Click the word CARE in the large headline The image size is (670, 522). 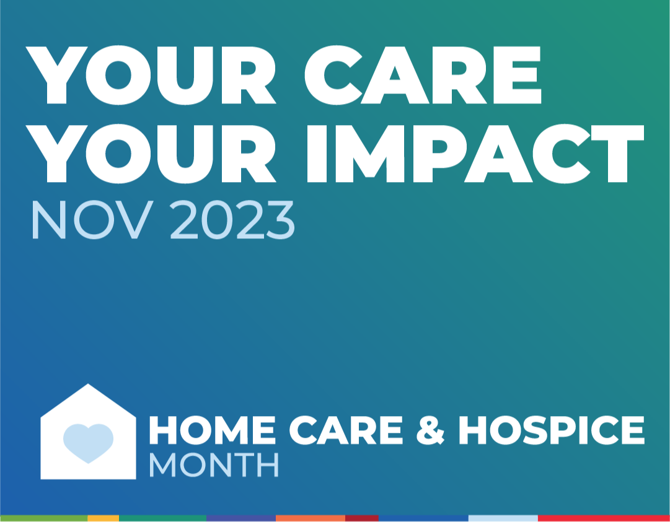pos(423,75)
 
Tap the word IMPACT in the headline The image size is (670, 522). pos(475,154)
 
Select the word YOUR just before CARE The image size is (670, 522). pos(151,75)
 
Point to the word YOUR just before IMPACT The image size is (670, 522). pos(151,154)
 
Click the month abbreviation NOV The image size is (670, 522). pos(92,219)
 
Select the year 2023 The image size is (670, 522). pos(232,219)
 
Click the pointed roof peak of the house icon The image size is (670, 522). pos(88,384)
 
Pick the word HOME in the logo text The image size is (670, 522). pos(213,430)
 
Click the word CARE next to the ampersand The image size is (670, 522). pos(346,430)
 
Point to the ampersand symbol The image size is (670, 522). pos(431,430)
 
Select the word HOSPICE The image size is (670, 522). pos(551,430)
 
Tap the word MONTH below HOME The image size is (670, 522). pos(214,465)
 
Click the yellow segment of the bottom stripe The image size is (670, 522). pos(103,518)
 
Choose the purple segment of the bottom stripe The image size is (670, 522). pos(241,518)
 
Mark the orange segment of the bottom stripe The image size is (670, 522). pos(311,518)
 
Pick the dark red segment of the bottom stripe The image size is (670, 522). pos(362,518)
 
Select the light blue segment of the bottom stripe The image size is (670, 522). pos(503,518)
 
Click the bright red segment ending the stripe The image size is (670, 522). pos(604,518)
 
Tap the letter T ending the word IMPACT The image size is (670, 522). pos(618,154)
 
